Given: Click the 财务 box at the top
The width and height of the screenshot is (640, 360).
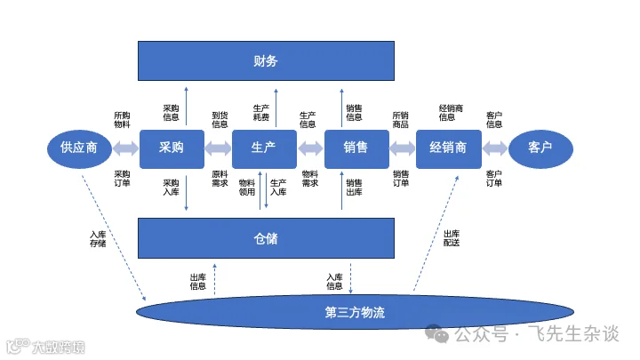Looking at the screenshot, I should pos(266,61).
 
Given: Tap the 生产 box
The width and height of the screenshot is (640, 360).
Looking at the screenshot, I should pos(264,148).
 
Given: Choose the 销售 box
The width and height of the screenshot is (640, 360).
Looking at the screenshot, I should pos(356,148).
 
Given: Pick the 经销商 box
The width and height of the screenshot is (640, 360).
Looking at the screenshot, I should pos(448,148).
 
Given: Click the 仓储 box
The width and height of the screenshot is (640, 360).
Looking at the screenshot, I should pos(266,238).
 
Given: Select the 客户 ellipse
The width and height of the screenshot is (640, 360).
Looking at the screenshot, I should pos(540,148).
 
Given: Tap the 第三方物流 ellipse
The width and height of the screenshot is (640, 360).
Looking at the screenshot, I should pos(355,313).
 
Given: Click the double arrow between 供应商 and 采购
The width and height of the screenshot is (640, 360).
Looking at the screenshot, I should pos(125,148).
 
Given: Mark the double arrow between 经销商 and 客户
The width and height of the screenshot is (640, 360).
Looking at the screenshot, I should pos(495,148).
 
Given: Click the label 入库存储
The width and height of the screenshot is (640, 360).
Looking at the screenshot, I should pos(98,239).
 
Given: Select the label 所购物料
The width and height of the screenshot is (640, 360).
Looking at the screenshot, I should pos(123,120).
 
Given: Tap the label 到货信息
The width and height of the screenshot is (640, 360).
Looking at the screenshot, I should pos(220,120).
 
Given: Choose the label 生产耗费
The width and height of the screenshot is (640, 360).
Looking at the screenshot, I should pos(260,112).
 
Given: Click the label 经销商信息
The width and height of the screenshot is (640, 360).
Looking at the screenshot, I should pos(447,112).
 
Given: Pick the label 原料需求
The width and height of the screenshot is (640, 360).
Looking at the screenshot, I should pos(220,179).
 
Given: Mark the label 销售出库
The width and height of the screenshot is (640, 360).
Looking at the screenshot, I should pos(354,187).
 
